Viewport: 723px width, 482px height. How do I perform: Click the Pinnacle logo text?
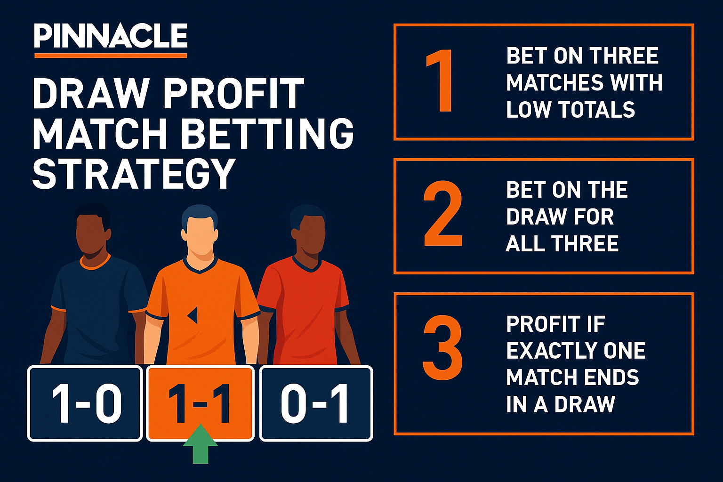(111, 36)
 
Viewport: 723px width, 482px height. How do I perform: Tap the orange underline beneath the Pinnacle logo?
(111, 56)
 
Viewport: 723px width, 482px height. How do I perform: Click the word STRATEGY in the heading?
(134, 174)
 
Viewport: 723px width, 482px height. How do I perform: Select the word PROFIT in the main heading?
(233, 93)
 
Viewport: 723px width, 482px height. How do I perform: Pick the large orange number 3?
(442, 348)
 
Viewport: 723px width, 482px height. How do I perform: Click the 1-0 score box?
(85, 403)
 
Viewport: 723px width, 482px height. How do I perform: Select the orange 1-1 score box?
(200, 403)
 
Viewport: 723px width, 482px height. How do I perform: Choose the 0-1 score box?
(316, 403)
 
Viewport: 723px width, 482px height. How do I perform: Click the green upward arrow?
(201, 444)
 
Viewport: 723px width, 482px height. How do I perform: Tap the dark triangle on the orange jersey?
(193, 315)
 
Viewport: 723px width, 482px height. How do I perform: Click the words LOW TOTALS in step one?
(570, 110)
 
